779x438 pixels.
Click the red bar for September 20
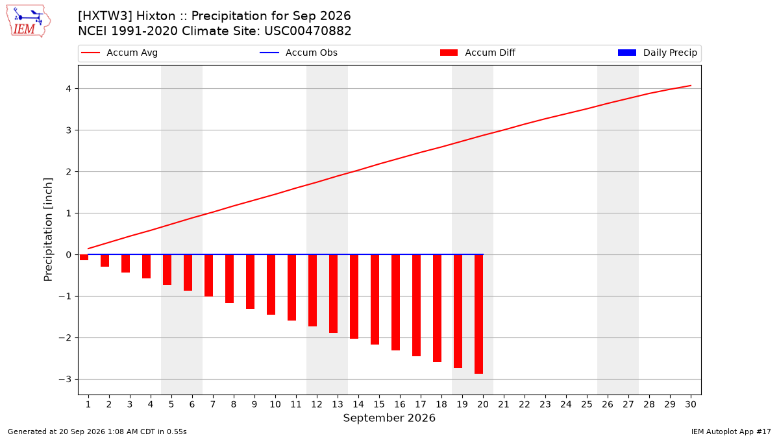tap(479, 314)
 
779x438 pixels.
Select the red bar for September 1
tap(84, 257)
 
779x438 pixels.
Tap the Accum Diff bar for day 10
tap(271, 285)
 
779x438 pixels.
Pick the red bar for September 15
tap(375, 300)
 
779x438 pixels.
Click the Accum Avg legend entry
tap(119, 53)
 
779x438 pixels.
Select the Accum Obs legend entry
tap(299, 53)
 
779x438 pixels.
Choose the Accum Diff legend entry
tap(478, 53)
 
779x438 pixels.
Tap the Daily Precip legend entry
tap(657, 53)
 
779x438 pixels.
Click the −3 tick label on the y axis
tap(65, 379)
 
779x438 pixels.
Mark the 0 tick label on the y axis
tap(69, 255)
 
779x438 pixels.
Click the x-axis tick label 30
tap(691, 404)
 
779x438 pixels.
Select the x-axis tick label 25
tap(587, 404)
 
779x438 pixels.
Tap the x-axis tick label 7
tap(213, 404)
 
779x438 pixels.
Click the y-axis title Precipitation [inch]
tap(48, 230)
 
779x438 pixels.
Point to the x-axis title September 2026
tap(389, 418)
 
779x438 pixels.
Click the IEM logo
tap(29, 21)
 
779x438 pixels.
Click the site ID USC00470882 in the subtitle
tap(308, 31)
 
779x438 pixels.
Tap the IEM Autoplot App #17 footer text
tap(731, 432)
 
